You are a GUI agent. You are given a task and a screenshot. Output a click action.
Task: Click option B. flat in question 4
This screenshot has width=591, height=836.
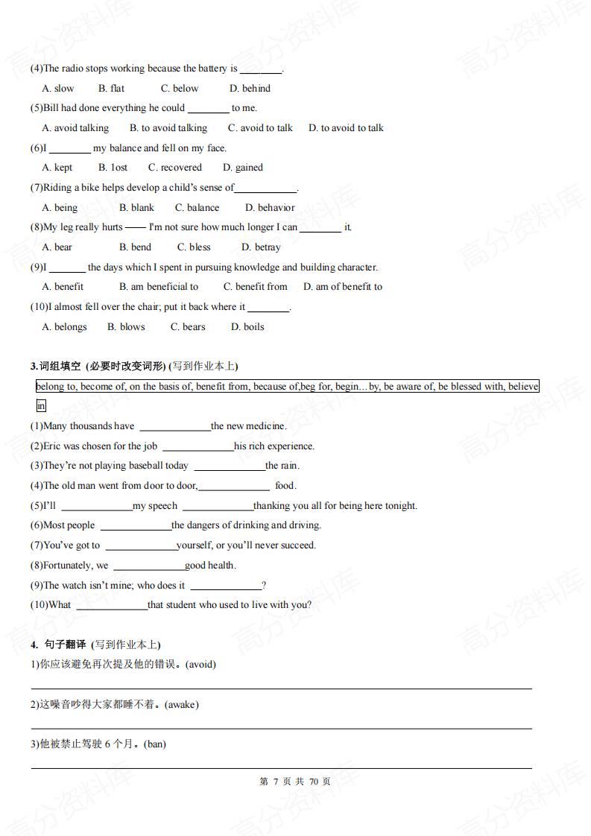pos(112,88)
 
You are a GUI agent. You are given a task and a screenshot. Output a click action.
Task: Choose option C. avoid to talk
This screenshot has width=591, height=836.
pos(260,128)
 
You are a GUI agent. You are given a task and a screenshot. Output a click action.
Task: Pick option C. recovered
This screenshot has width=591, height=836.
pos(174,168)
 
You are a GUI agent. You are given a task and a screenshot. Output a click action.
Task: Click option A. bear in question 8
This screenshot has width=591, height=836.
pos(57,247)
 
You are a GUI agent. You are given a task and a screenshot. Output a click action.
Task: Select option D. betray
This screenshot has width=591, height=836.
pos(261,247)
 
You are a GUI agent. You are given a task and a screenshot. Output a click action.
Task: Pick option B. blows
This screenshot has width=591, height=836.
pos(126,327)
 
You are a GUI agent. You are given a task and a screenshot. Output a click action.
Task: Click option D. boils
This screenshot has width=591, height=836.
pos(247,327)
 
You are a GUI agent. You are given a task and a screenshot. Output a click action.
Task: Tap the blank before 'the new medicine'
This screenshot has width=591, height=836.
pos(174,427)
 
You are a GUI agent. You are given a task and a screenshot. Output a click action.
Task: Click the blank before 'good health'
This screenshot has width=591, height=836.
pos(148,566)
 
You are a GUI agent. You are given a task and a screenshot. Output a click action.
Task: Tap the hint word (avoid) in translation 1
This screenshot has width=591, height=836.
pos(199,665)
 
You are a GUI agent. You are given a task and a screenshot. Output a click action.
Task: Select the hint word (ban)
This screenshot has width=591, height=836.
pos(154,744)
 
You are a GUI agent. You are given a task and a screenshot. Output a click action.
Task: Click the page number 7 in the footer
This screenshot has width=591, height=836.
pos(275,782)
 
